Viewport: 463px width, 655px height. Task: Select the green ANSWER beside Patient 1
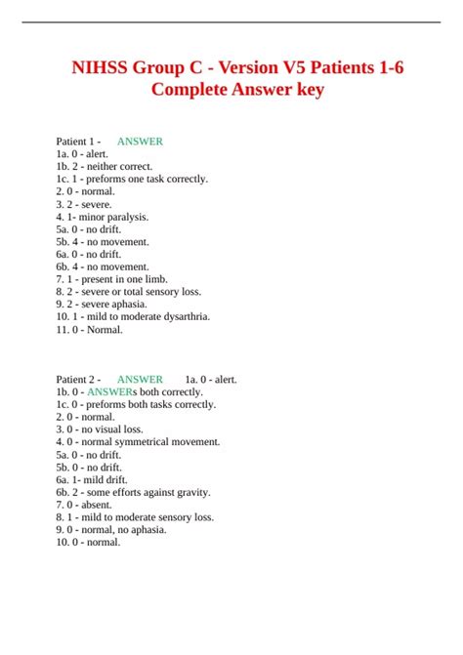[x=140, y=142]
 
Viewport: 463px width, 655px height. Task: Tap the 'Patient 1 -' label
[x=79, y=142]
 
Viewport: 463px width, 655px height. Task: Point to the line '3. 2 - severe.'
[x=84, y=205]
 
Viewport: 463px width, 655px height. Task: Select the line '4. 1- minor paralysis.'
[x=103, y=217]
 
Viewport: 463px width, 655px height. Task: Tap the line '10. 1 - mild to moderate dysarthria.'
[x=133, y=317]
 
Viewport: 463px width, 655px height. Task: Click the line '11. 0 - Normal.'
[x=90, y=330]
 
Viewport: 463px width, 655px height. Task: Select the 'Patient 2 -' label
[x=79, y=380]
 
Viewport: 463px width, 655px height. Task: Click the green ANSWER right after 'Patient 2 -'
[x=140, y=380]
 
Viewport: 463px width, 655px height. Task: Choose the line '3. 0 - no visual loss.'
[x=100, y=430]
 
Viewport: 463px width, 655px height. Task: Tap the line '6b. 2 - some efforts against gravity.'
[x=134, y=493]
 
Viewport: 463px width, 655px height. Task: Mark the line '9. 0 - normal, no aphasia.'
[x=111, y=530]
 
